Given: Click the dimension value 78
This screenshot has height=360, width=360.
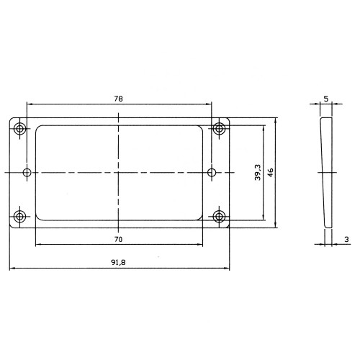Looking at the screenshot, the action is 118,99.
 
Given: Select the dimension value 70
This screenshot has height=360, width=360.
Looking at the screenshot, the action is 118,239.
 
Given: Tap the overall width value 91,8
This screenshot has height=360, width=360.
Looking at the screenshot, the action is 118,262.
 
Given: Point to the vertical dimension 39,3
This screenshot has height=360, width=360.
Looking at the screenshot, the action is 258,172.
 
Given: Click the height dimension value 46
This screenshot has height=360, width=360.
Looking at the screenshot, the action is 271,173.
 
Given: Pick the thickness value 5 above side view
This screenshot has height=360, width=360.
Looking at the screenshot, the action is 326,99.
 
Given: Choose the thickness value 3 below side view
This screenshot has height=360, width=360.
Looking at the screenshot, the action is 346,239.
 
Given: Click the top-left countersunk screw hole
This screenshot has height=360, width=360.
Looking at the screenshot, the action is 20,129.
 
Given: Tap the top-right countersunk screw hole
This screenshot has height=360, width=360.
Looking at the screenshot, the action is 219,128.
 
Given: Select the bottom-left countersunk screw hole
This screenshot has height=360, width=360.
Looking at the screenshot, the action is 20,217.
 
